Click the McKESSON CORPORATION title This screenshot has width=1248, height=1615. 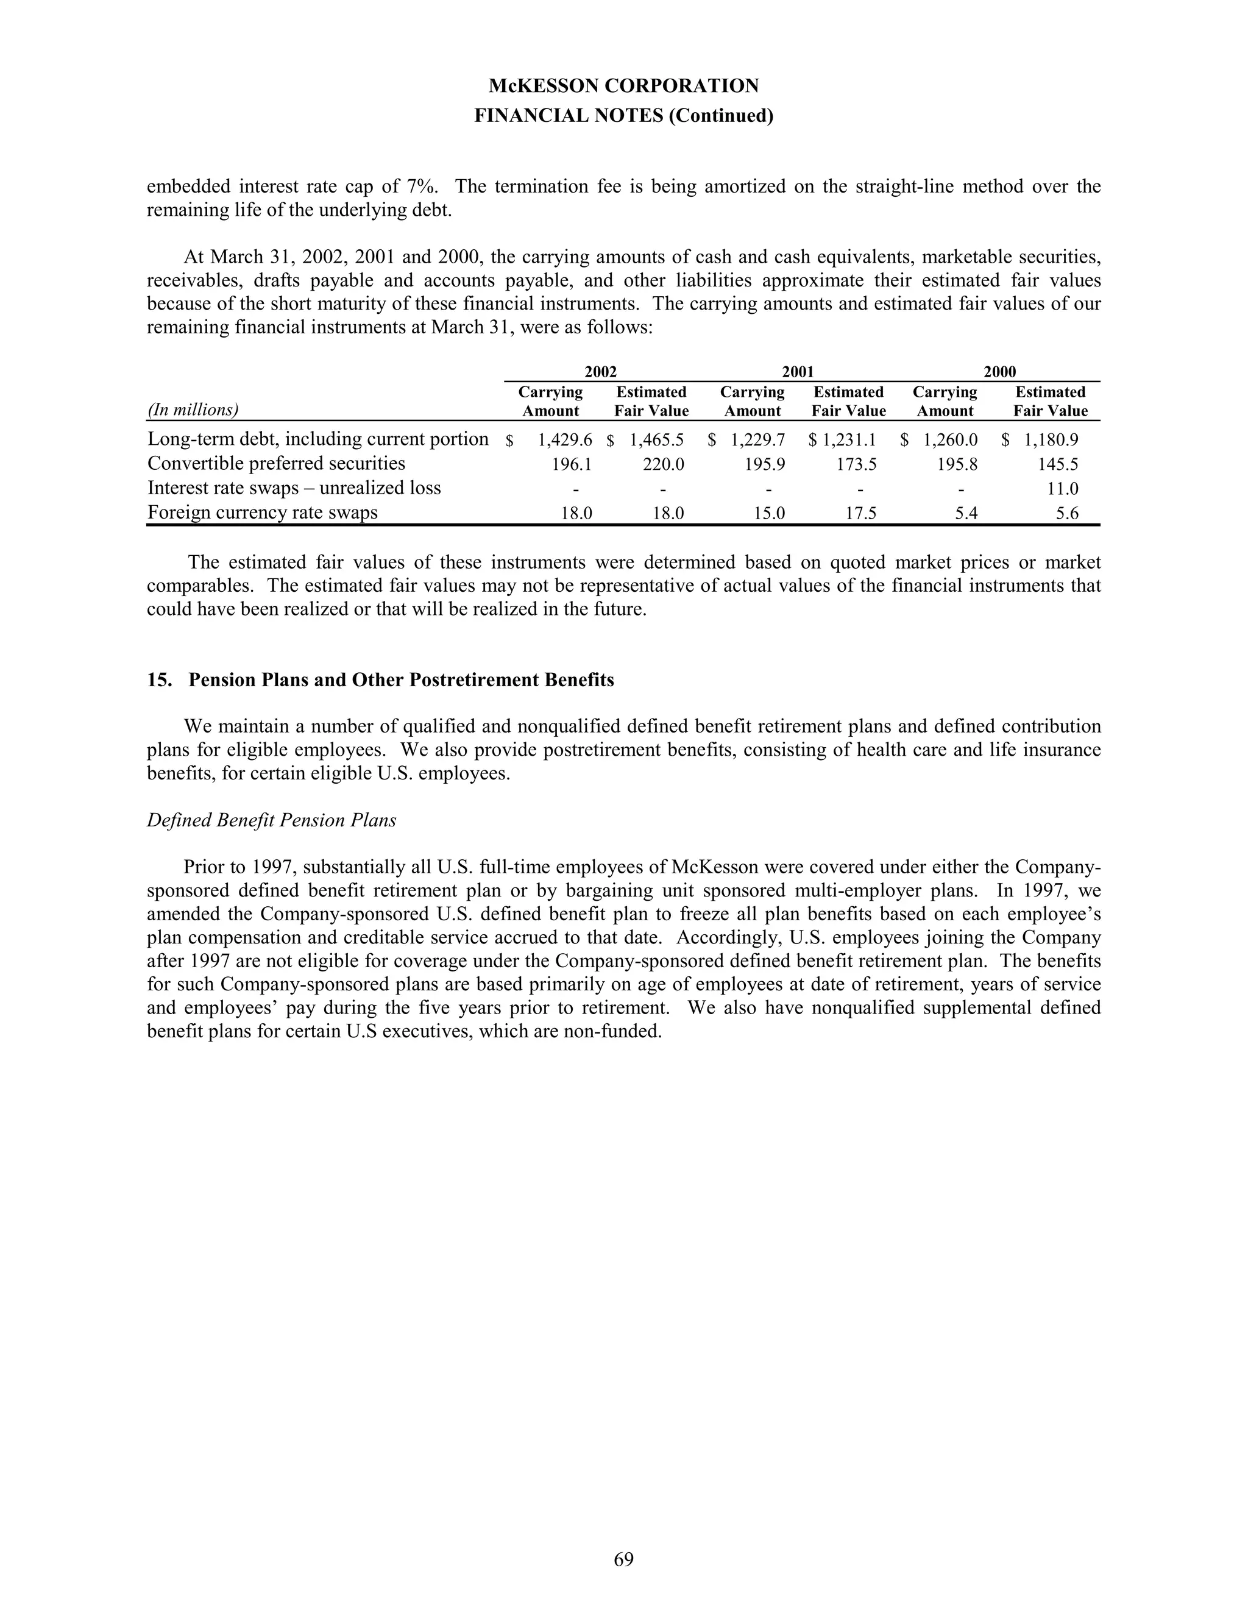click(623, 86)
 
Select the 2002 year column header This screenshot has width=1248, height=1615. click(600, 372)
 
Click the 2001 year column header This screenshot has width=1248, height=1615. click(798, 372)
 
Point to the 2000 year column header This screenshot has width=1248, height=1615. click(999, 372)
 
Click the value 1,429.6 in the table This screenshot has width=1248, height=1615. click(565, 440)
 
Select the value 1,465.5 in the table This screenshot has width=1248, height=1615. click(656, 440)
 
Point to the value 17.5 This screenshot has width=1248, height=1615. click(860, 513)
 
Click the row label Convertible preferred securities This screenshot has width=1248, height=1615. click(277, 464)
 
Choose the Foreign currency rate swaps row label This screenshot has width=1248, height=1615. click(263, 513)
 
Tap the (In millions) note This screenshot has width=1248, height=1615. click(193, 410)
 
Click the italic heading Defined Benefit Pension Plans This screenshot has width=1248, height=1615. click(271, 820)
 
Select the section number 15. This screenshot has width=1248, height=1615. click(159, 680)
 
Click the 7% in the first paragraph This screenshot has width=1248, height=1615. click(423, 186)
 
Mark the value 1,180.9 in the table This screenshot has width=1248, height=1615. click(1051, 440)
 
